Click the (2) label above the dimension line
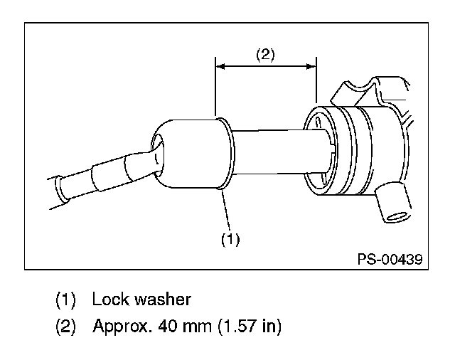pos(265,55)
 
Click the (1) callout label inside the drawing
pos(230,240)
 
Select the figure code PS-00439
pos(390,259)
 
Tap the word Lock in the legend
pos(111,299)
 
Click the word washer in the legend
pos(163,300)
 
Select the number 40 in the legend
pos(168,326)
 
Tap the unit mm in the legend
pos(198,327)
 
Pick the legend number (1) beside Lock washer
pos(65,300)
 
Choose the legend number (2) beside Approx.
pos(65,327)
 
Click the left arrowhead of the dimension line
pos(220,66)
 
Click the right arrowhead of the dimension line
pos(311,66)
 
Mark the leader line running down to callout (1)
pos(226,210)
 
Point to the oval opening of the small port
pos(397,216)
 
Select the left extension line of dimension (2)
pos(215,87)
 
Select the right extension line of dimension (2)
pos(316,80)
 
